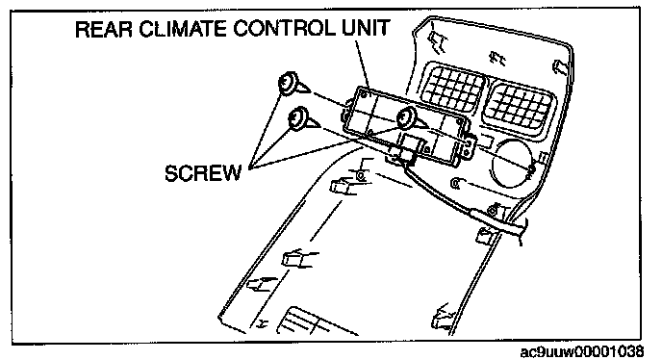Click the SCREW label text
(x=203, y=173)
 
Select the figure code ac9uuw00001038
(x=582, y=351)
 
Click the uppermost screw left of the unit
(x=293, y=84)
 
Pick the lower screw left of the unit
(x=302, y=119)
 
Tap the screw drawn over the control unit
(x=410, y=118)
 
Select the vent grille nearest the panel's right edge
(x=518, y=108)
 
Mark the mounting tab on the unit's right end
(x=471, y=145)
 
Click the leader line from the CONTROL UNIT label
(x=362, y=64)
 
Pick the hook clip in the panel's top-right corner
(x=560, y=66)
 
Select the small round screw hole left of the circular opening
(x=455, y=183)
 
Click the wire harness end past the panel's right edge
(x=522, y=230)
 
